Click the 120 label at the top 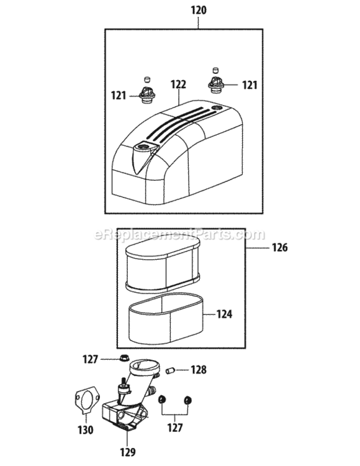(199, 11)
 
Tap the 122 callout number (178, 83)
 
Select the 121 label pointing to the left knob (119, 95)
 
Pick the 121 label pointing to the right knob (249, 85)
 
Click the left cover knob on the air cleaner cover (146, 95)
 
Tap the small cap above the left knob (147, 79)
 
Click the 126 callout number (279, 247)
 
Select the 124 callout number (224, 315)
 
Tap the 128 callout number (198, 370)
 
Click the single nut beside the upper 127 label (124, 359)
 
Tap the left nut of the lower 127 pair (163, 399)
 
